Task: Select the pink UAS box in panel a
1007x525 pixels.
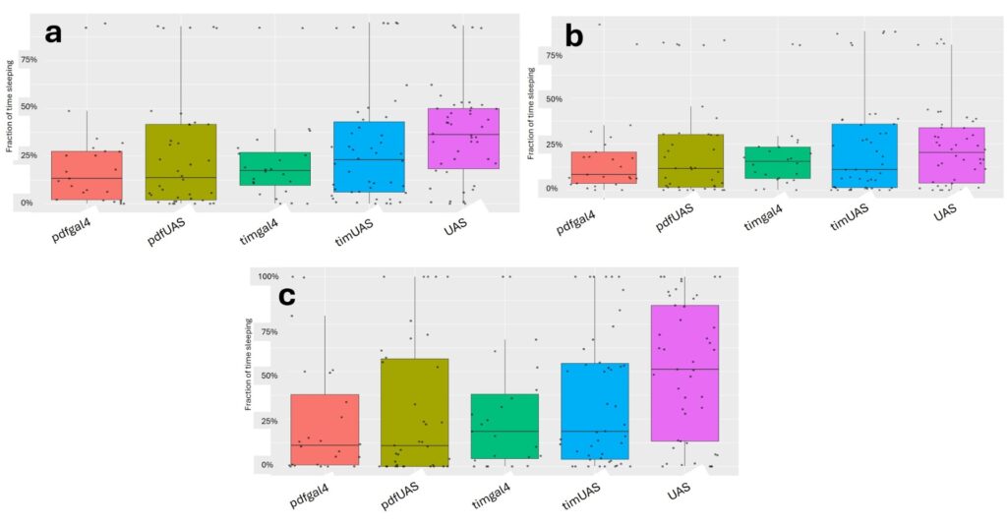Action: click(x=463, y=139)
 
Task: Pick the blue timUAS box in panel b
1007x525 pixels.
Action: click(x=863, y=155)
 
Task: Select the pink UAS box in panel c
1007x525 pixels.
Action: click(x=684, y=373)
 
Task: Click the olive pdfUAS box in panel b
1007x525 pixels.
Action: click(x=690, y=160)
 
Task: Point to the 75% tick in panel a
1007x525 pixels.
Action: click(x=28, y=59)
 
